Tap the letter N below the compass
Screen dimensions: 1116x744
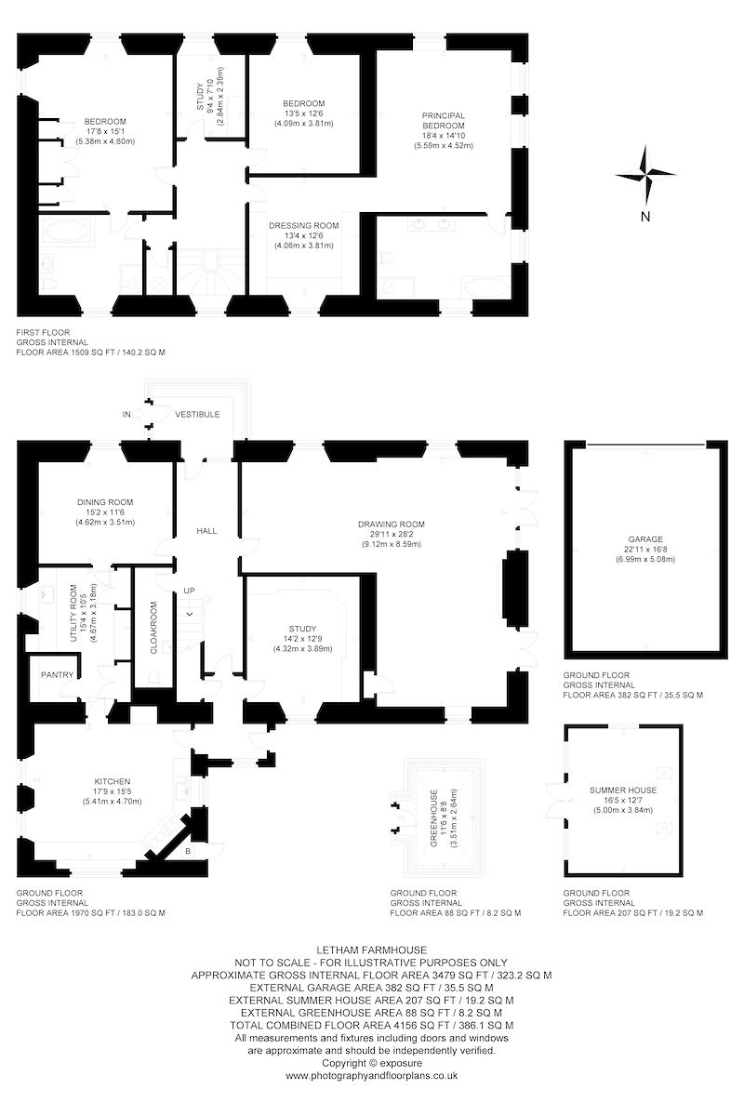pyautogui.click(x=644, y=217)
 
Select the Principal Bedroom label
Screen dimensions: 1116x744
pyautogui.click(x=444, y=120)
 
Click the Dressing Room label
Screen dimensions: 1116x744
pyautogui.click(x=303, y=225)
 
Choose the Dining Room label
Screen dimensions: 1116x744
pyautogui.click(x=105, y=502)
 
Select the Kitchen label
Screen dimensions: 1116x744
pyautogui.click(x=112, y=781)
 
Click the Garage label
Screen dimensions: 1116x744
pyautogui.click(x=645, y=538)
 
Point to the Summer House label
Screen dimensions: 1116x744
pyautogui.click(x=623, y=790)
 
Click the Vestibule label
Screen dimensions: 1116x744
pyautogui.click(x=197, y=414)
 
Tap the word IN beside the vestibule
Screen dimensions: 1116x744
pyautogui.click(x=126, y=414)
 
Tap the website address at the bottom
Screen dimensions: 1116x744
pyautogui.click(x=371, y=1075)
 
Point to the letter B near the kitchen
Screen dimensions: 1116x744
pyautogui.click(x=189, y=851)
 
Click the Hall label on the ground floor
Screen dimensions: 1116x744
pyautogui.click(x=206, y=530)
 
